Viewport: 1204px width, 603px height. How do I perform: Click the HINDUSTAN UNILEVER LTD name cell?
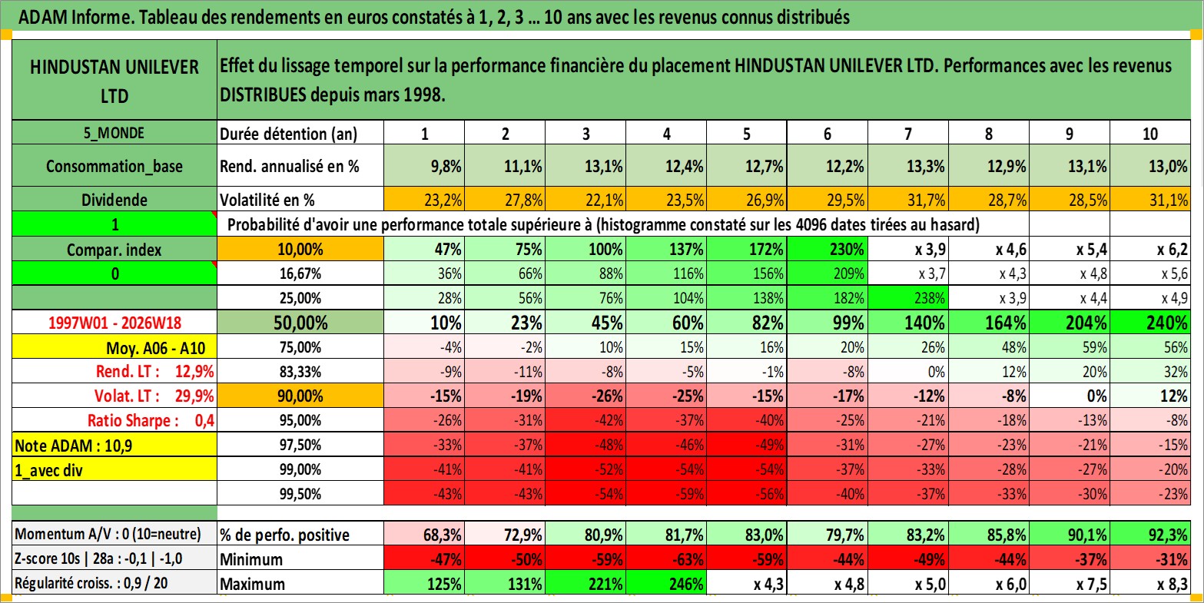[114, 81]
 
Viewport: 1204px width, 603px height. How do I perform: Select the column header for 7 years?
[908, 134]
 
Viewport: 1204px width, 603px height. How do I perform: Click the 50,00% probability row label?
[300, 323]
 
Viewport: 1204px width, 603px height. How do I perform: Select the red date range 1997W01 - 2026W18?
[114, 323]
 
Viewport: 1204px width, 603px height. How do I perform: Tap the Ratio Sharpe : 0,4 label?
[151, 420]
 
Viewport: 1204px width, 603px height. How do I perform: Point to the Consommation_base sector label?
[114, 166]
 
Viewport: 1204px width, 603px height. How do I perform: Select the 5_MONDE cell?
[114, 134]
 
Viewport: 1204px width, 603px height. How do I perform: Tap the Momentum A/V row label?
[108, 534]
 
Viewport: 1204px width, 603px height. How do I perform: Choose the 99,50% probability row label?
[300, 493]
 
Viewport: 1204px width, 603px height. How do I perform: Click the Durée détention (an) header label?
[289, 134]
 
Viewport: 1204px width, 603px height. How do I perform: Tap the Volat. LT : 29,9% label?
[154, 396]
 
